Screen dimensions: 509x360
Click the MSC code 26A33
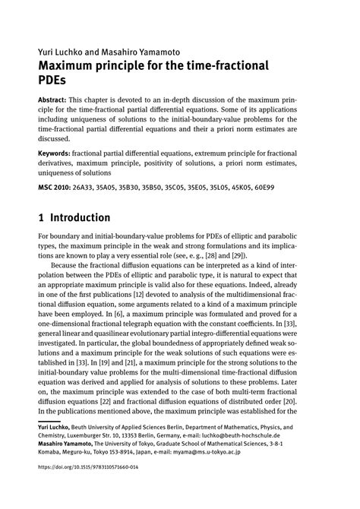coord(88,186)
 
